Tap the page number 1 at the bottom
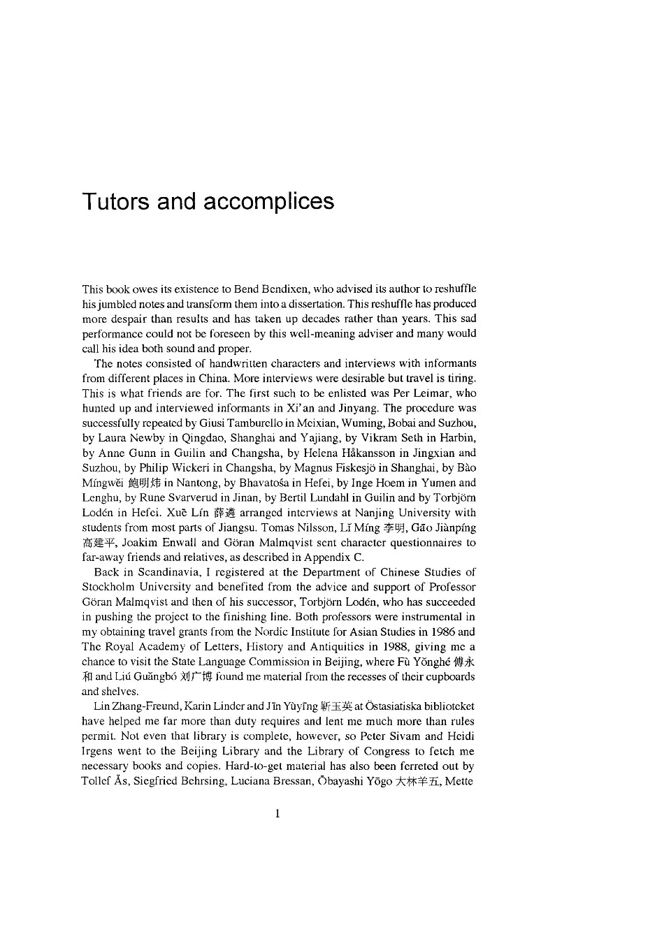[278, 813]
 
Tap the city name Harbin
[458, 438]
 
